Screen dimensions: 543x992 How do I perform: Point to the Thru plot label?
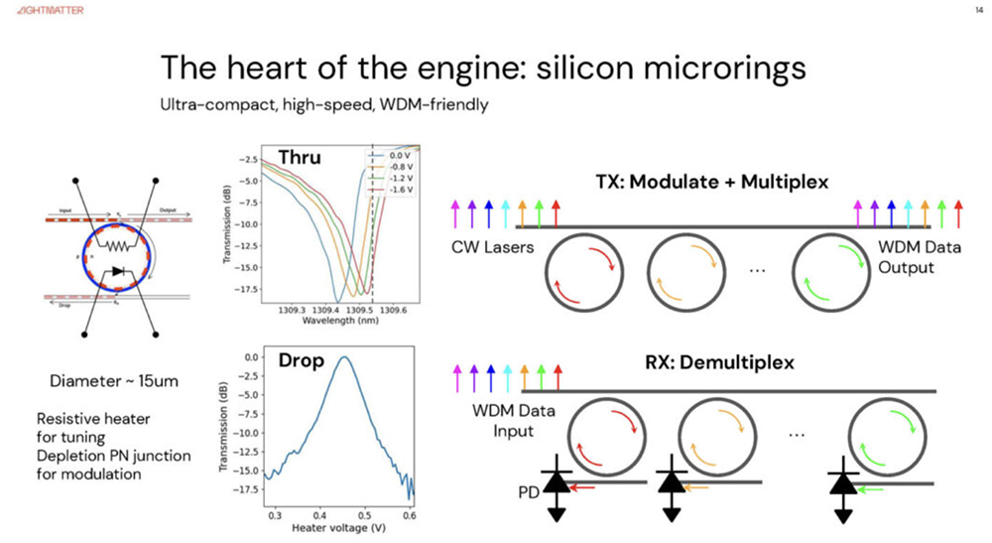pyautogui.click(x=300, y=158)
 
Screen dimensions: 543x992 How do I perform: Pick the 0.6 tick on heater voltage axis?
pyautogui.click(x=408, y=516)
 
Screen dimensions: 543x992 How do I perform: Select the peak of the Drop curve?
pyautogui.click(x=344, y=357)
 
